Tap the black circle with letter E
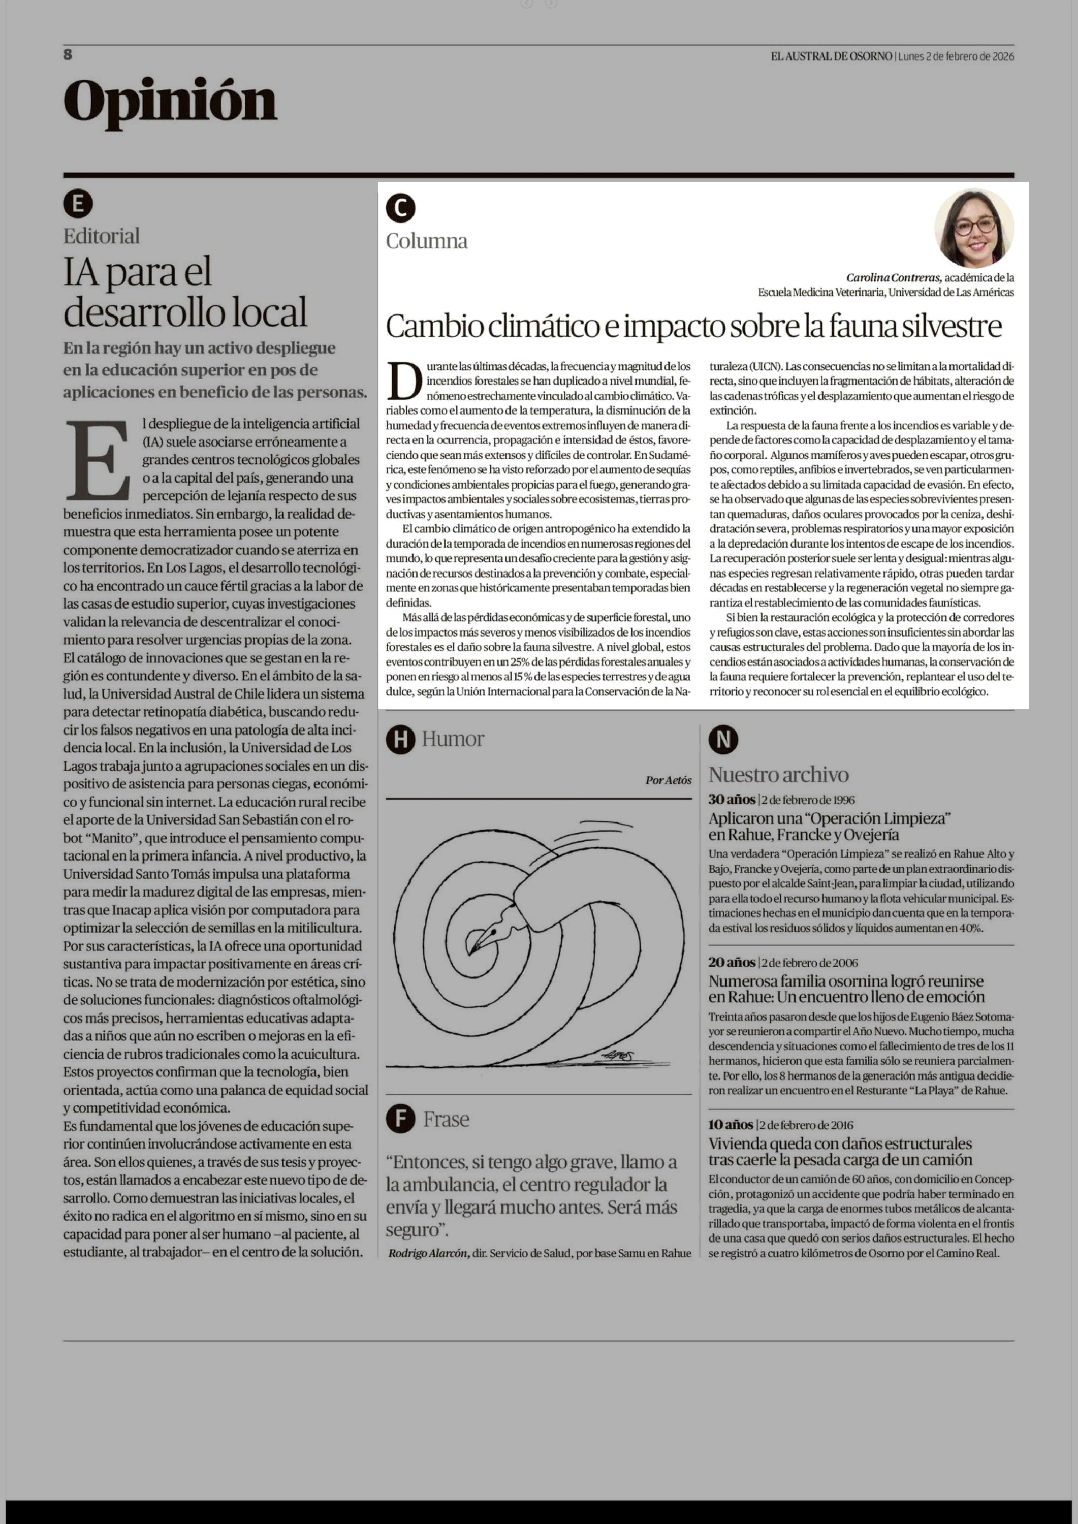(x=78, y=204)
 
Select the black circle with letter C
(x=400, y=208)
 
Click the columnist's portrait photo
(x=974, y=228)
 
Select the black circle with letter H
(x=400, y=739)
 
